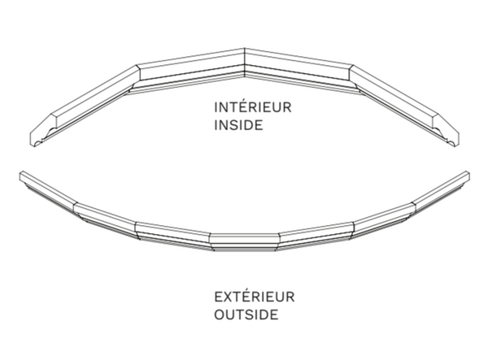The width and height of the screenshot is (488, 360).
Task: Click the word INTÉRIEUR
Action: [x=253, y=106]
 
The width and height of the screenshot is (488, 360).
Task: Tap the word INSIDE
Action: [x=238, y=125]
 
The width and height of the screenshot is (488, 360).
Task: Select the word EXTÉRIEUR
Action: [x=255, y=297]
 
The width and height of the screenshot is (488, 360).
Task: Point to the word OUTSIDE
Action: [x=246, y=314]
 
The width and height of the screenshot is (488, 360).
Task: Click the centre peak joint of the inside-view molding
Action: [x=245, y=63]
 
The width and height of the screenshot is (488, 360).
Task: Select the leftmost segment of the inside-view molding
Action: [x=85, y=106]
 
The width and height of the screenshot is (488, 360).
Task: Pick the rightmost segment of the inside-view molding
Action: [x=404, y=106]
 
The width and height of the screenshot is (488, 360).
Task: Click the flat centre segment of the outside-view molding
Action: [x=244, y=242]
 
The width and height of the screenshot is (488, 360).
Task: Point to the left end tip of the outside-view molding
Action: [x=20, y=176]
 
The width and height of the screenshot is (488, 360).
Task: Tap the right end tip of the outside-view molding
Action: [x=469, y=176]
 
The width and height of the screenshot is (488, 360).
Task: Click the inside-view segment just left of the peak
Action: [x=190, y=71]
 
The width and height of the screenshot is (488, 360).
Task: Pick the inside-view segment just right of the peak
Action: [x=298, y=71]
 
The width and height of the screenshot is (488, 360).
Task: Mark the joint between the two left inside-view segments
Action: [x=137, y=78]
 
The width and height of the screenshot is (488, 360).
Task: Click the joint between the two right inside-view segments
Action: [x=352, y=78]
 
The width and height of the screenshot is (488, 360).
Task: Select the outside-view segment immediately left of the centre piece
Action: [x=173, y=235]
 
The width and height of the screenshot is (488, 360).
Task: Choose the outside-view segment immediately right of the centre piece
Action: [x=316, y=235]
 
